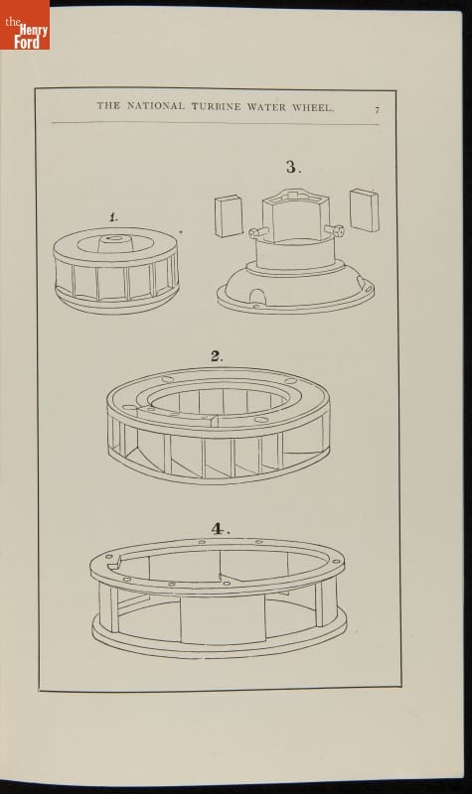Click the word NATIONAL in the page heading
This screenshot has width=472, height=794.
(x=156, y=106)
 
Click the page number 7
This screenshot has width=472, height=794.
(x=377, y=110)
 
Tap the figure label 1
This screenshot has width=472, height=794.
(x=113, y=217)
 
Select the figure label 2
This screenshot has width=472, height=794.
(x=217, y=356)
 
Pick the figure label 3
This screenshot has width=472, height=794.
(x=293, y=167)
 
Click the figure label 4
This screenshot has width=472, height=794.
(x=220, y=529)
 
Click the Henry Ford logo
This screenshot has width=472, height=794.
(x=25, y=25)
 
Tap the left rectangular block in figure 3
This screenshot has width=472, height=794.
(x=229, y=216)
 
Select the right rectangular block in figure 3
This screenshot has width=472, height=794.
(x=365, y=210)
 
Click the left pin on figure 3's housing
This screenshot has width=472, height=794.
(x=258, y=232)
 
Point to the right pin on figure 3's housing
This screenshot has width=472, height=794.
(x=334, y=230)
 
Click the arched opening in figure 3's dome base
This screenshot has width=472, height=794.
(x=257, y=295)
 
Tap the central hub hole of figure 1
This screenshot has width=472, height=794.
(x=112, y=237)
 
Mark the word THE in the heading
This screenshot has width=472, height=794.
(x=108, y=105)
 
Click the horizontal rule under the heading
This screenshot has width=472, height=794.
(x=215, y=123)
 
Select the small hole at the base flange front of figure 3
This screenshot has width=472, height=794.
(x=256, y=307)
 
